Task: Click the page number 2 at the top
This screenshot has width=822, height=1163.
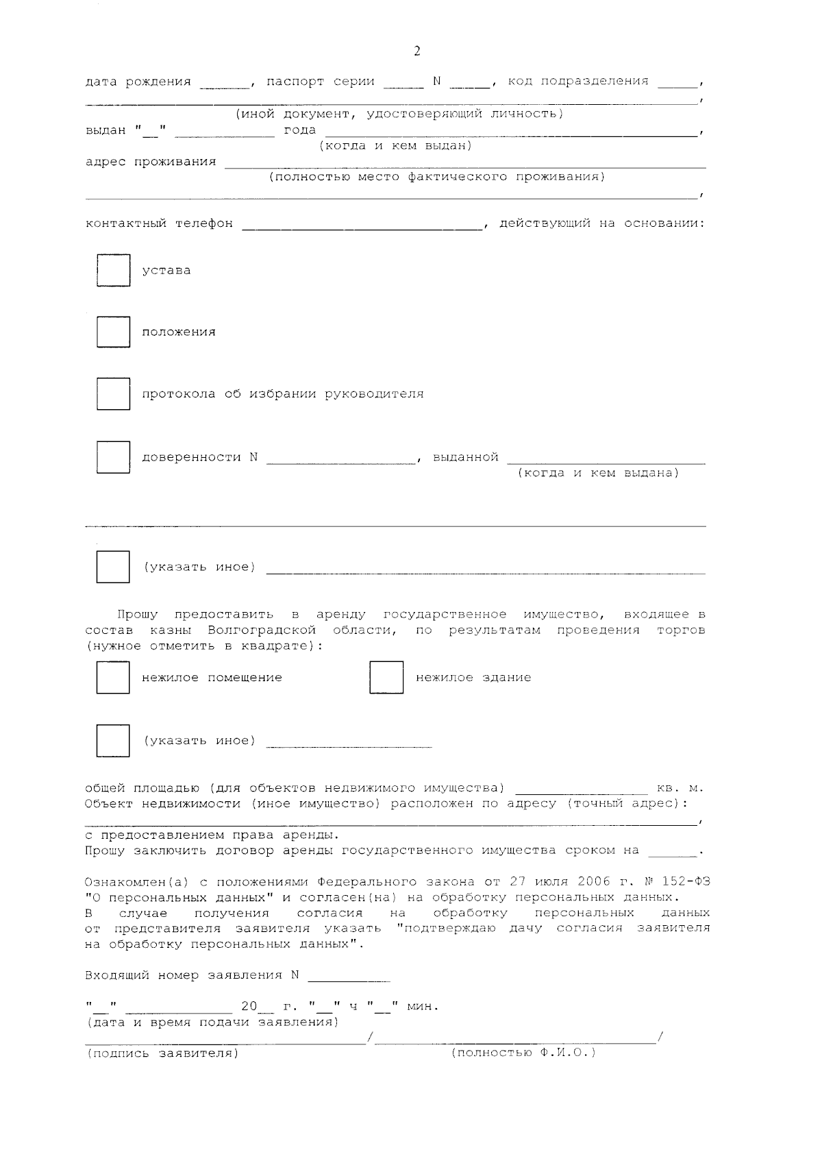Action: coord(416,51)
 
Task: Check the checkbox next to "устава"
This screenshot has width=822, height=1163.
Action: coord(113,271)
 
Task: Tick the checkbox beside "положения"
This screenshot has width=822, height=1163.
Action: coord(113,332)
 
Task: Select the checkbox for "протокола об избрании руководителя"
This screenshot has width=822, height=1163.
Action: coord(113,394)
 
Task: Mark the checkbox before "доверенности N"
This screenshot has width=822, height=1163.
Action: coord(113,457)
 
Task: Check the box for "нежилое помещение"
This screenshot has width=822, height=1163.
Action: coord(113,678)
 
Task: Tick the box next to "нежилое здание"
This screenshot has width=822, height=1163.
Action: coord(386,678)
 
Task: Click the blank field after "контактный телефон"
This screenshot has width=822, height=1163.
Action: coord(362,224)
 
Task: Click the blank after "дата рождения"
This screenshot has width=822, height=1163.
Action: coord(225,83)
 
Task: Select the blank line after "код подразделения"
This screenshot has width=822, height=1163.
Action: coord(677,83)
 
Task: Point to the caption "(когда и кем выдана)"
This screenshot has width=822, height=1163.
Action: coord(598,474)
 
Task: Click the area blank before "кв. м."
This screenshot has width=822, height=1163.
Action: coord(581,789)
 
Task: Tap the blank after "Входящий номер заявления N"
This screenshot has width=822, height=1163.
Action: coord(349,977)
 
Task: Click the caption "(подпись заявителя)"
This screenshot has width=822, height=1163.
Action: coord(162,1053)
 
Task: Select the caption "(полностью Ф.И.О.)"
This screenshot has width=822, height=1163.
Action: coord(523,1053)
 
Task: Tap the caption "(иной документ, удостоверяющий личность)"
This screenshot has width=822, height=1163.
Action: coord(399,114)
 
